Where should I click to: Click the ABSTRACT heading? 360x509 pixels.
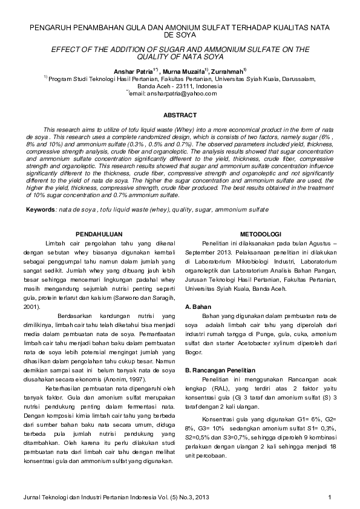(180, 115)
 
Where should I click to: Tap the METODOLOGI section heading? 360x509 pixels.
(260, 233)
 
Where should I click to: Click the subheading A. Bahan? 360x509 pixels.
(198, 306)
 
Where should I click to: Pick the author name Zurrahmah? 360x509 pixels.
(226, 71)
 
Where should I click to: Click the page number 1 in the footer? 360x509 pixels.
(330, 497)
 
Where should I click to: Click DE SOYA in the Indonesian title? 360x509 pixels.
(180, 36)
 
